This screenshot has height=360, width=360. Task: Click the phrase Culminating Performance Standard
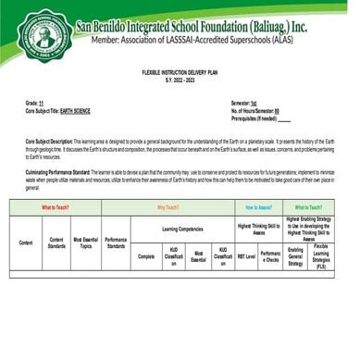pos(69,173)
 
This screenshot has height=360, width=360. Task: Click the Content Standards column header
pos(56,242)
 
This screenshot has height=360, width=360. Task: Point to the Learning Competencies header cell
pos(182,227)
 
